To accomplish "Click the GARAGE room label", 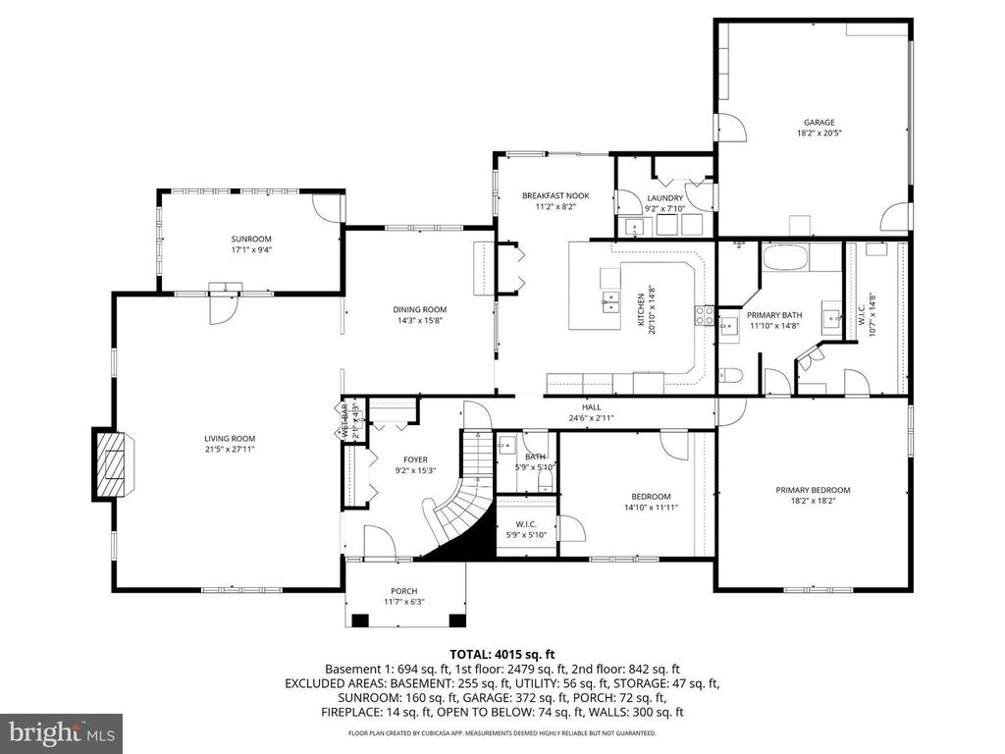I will tap(820, 123).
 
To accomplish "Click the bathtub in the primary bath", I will tap(784, 259).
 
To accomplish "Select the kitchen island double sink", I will tap(610, 301).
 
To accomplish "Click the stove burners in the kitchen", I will tap(704, 315).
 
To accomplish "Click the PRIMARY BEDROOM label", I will tap(813, 490).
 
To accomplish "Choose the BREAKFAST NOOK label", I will tap(555, 196).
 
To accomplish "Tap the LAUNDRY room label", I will tap(664, 197).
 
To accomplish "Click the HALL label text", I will tap(591, 406).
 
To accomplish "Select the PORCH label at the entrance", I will tap(404, 591).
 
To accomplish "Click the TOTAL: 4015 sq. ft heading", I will tap(502, 653).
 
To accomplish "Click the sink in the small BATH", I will tap(507, 445).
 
